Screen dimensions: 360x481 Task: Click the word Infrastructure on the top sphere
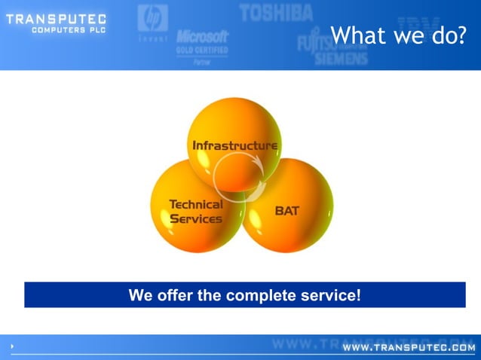(x=234, y=145)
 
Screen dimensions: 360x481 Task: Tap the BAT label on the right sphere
(x=286, y=211)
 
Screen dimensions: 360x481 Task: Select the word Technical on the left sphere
(x=195, y=204)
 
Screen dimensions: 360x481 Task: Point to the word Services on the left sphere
(x=195, y=219)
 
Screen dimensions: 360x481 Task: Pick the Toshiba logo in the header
(x=275, y=11)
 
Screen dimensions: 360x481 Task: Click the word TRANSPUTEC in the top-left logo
(x=56, y=19)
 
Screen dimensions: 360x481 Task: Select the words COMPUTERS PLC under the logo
(x=69, y=30)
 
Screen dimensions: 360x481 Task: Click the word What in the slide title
(x=358, y=35)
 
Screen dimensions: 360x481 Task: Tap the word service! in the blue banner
(x=330, y=295)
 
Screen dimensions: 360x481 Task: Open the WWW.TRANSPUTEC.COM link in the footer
(x=409, y=348)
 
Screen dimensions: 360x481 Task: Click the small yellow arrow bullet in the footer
(x=13, y=346)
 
